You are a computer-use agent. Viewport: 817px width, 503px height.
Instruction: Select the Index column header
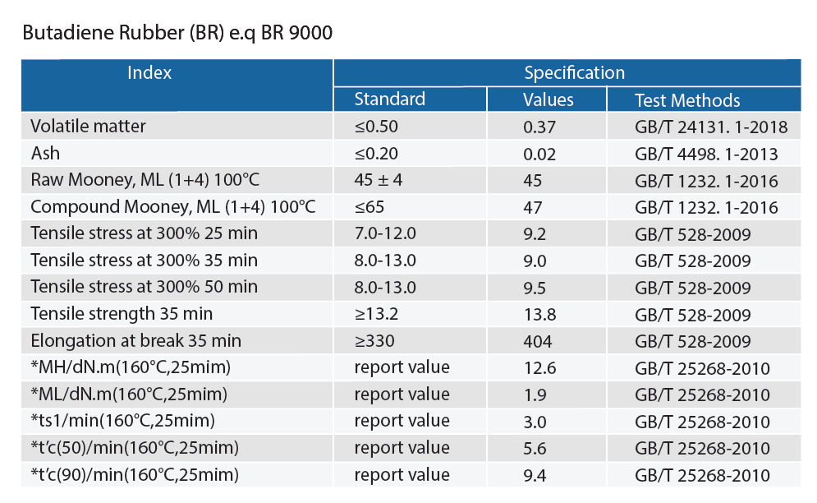click(149, 72)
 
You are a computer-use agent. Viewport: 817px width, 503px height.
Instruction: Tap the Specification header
click(574, 72)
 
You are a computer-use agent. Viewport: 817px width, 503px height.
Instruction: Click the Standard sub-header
click(389, 99)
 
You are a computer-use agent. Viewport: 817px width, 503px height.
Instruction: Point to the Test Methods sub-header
click(687, 100)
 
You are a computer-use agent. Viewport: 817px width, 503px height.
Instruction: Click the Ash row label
click(45, 154)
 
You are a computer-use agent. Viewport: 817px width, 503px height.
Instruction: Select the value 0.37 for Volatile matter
click(539, 127)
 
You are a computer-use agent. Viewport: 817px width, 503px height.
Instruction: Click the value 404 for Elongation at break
click(538, 340)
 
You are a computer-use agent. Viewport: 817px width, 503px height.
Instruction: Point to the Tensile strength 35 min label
click(122, 313)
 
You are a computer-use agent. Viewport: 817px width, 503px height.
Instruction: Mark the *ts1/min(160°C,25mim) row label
click(122, 421)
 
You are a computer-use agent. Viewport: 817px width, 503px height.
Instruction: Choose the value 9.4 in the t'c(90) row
click(535, 474)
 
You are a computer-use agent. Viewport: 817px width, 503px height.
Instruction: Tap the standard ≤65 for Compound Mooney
click(369, 206)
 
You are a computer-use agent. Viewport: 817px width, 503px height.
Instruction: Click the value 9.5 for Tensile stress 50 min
click(535, 287)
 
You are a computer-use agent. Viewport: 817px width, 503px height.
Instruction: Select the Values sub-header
click(548, 100)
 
